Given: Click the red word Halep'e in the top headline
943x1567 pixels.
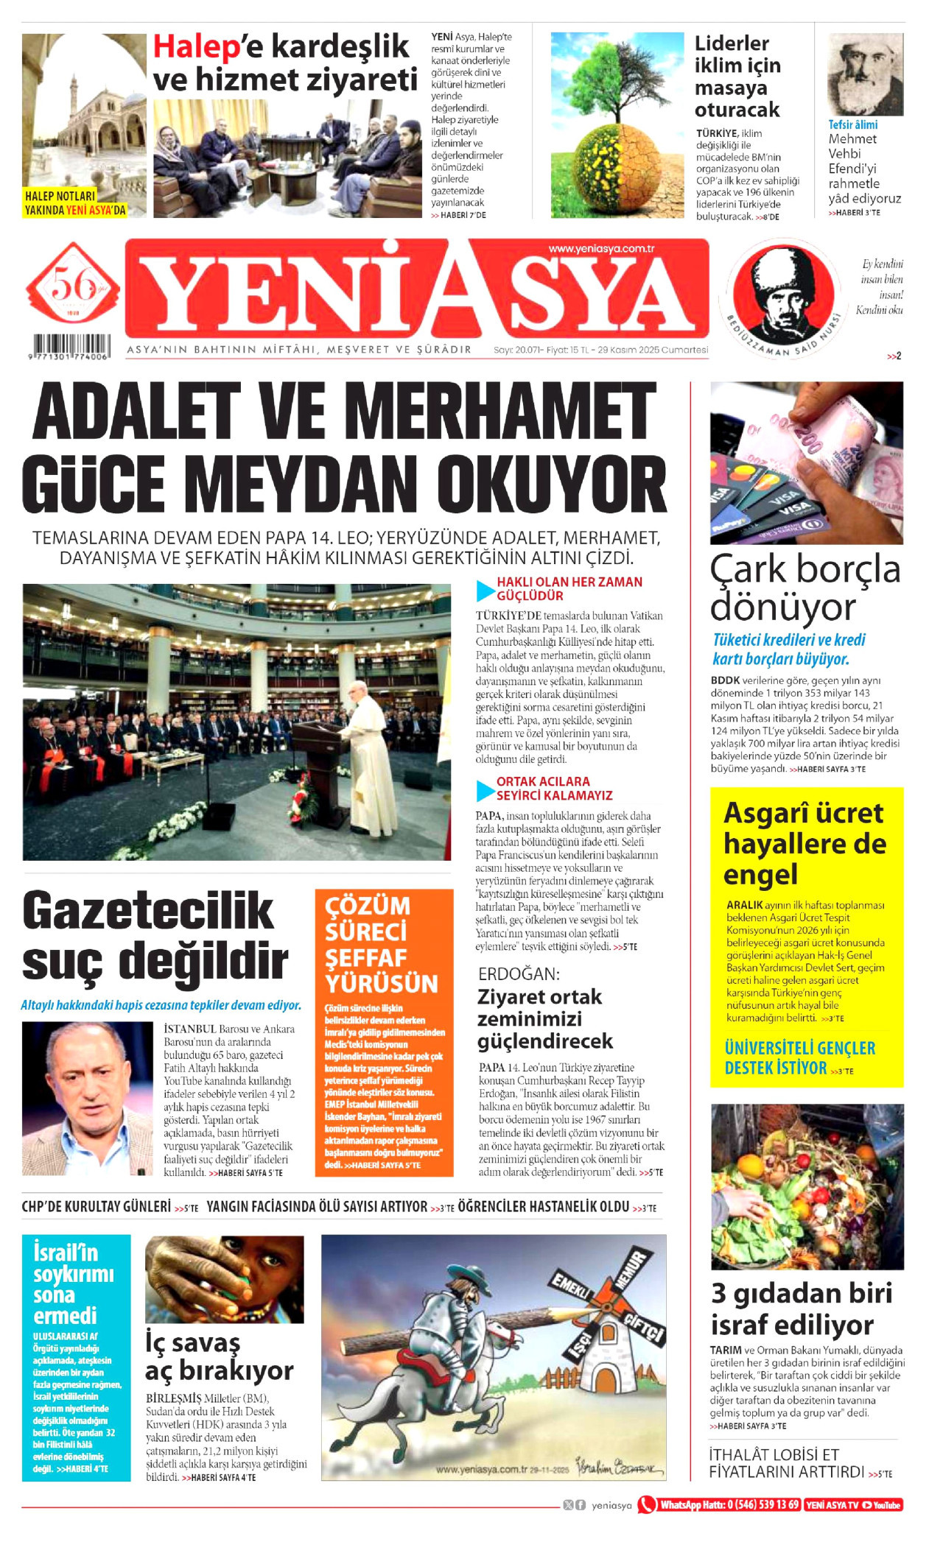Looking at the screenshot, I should pyautogui.click(x=196, y=47).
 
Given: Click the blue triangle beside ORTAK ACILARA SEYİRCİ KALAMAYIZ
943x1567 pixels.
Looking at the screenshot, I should pyautogui.click(x=485, y=790).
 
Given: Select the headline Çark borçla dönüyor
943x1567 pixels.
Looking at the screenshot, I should pyautogui.click(x=804, y=588).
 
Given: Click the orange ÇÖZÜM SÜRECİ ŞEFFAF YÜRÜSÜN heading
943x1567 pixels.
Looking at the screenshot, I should pyautogui.click(x=382, y=944).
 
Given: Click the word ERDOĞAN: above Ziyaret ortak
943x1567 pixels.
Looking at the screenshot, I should pyautogui.click(x=519, y=973).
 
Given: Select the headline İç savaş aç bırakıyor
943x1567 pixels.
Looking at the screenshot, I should pyautogui.click(x=219, y=1356).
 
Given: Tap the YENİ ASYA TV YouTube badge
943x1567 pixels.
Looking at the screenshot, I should pyautogui.click(x=853, y=1504).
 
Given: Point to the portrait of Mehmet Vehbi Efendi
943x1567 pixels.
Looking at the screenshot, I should pyautogui.click(x=865, y=75).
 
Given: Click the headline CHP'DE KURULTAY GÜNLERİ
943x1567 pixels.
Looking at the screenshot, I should pyautogui.click(x=97, y=1206).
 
